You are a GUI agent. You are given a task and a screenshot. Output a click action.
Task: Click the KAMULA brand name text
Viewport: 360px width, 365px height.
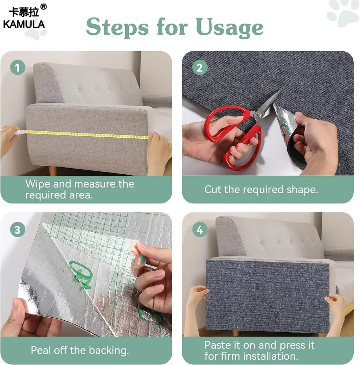click(24, 24)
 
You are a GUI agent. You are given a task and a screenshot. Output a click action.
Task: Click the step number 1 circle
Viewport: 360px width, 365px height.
click(18, 67)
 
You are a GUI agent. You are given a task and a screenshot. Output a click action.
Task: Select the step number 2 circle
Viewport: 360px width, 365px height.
click(199, 67)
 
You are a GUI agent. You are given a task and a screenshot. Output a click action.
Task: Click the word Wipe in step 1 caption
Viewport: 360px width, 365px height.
click(37, 184)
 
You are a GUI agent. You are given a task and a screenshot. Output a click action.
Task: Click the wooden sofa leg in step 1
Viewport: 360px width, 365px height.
click(52, 171)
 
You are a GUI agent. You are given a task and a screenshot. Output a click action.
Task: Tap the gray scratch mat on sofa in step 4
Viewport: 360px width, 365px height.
click(267, 295)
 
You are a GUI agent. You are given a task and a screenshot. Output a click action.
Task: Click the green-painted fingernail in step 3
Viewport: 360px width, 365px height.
click(144, 260)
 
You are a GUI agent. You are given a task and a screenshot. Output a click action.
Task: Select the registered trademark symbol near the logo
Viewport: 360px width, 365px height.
click(43, 7)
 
